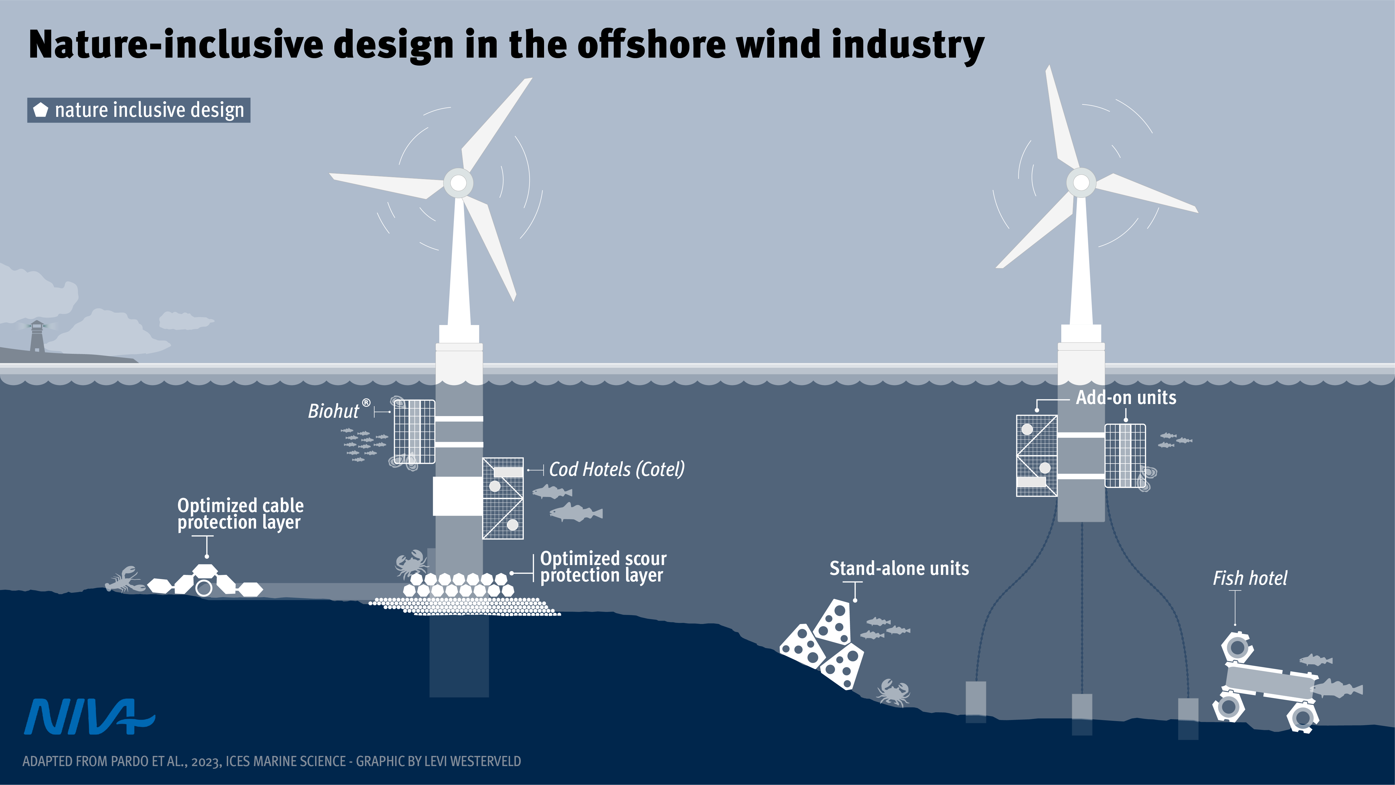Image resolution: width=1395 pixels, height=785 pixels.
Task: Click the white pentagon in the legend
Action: [x=41, y=110]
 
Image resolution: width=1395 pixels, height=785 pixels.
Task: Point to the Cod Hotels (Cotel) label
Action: [x=616, y=469]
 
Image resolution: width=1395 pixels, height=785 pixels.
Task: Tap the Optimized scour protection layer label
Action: [x=603, y=567]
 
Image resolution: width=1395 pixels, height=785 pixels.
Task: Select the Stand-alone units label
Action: [x=899, y=568]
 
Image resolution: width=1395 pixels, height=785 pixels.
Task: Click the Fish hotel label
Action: [x=1249, y=578]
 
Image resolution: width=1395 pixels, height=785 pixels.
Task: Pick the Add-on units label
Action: [x=1126, y=398]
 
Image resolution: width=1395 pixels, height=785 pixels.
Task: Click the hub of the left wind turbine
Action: [x=458, y=183]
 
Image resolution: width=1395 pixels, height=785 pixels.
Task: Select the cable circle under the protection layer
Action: [x=204, y=588]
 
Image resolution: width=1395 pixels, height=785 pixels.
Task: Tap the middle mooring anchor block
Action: [x=1082, y=714]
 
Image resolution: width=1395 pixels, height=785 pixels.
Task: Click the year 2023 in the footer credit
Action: [x=206, y=762]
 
